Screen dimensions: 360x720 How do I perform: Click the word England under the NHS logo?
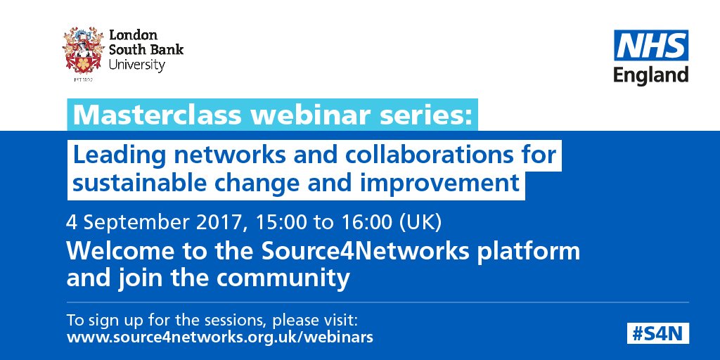pos(651,75)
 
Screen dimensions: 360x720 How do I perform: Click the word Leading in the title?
pos(118,155)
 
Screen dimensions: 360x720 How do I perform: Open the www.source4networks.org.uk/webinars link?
pos(219,337)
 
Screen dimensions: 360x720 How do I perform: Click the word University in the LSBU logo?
pos(136,65)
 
